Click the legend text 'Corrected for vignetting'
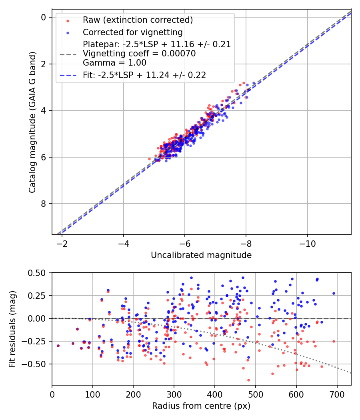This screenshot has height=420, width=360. click(132, 32)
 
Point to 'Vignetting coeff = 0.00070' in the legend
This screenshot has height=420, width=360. click(139, 54)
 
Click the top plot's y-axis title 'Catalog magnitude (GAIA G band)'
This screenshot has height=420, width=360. click(33, 122)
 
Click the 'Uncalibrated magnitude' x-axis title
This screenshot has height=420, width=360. click(201, 255)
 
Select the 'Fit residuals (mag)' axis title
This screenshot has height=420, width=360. click(12, 329)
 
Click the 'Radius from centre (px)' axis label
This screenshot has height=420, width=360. click(201, 406)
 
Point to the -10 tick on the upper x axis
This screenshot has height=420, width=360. click(307, 243)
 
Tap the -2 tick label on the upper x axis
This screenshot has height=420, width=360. click(62, 243)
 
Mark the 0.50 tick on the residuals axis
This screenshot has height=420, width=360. click(39, 273)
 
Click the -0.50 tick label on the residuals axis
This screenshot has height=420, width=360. click(37, 364)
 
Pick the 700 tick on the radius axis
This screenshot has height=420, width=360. click(337, 394)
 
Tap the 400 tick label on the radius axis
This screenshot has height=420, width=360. click(215, 394)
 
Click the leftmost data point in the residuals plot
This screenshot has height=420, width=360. click(58, 346)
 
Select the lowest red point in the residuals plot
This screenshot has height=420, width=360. click(248, 380)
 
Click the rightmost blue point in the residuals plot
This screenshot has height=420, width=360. click(334, 293)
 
